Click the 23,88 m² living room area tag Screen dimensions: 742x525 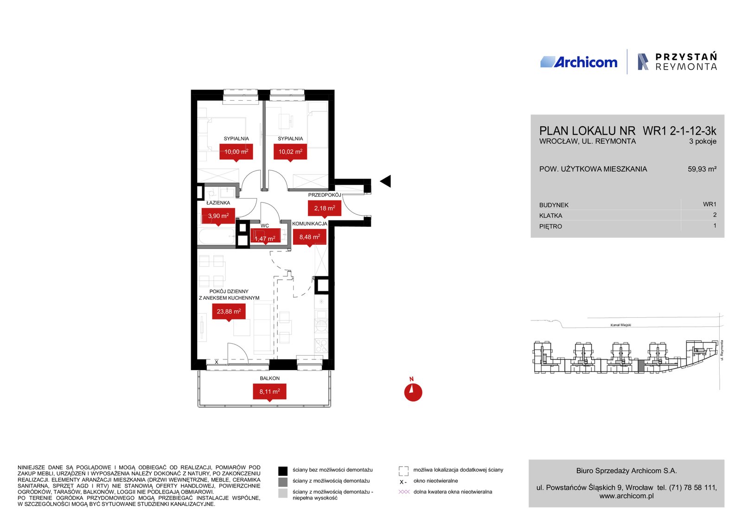point(229,312)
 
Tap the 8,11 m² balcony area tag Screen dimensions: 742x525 point(269,392)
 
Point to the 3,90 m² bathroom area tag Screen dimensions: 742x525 point(218,217)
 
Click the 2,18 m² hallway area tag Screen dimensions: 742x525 point(325,209)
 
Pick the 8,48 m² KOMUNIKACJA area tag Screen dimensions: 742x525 point(310,237)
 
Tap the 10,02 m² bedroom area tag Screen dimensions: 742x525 point(290,153)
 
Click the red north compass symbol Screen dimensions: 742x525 point(413,391)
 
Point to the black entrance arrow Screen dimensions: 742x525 point(385,181)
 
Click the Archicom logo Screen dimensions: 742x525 point(579,62)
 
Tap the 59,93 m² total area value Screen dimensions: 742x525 point(702,169)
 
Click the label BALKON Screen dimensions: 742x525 point(269,378)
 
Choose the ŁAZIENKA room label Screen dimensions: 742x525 point(218,203)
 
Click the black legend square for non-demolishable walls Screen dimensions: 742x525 point(282,471)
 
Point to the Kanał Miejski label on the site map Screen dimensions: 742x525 point(621,325)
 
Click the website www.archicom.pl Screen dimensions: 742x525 point(627,496)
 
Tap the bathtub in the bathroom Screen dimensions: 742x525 point(217,237)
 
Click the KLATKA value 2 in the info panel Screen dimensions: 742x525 point(715,215)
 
